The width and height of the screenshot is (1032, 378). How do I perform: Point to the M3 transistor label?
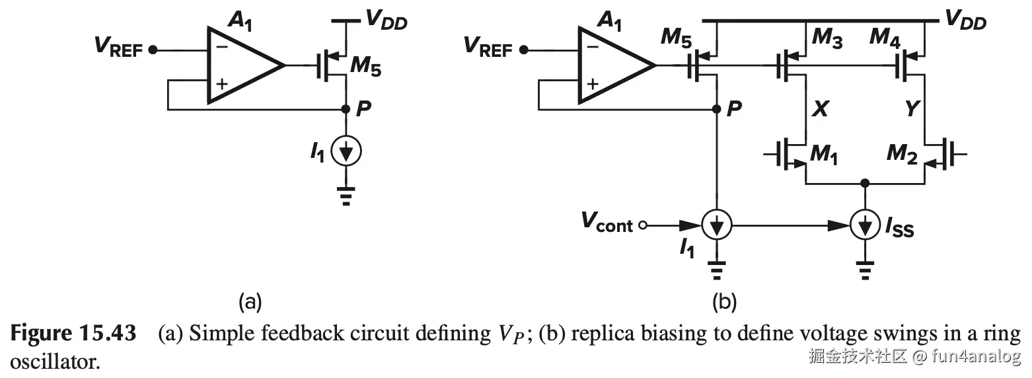click(x=827, y=38)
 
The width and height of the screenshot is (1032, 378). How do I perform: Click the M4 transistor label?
click(x=885, y=38)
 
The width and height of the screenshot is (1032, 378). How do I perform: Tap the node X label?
click(x=819, y=109)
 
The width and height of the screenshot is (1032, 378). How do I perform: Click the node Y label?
click(x=912, y=109)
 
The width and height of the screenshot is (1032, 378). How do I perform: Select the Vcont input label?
click(x=607, y=223)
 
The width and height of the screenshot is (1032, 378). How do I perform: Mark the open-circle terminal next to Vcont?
click(x=639, y=226)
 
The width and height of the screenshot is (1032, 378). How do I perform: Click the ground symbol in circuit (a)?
click(x=346, y=195)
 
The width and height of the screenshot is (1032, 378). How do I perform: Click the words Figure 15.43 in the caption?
click(x=73, y=334)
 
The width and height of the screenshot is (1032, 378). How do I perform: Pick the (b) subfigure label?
click(x=723, y=303)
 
